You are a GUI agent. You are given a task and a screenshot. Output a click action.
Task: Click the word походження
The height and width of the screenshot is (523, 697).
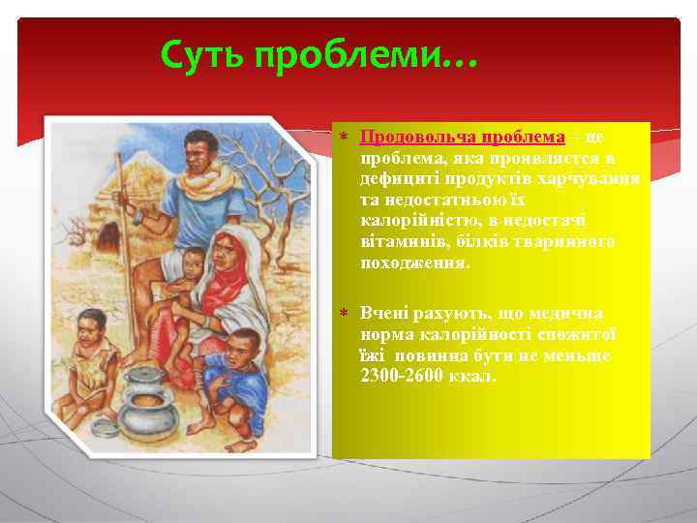(414, 262)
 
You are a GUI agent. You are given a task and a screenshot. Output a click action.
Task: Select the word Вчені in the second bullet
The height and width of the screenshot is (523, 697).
(383, 314)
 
